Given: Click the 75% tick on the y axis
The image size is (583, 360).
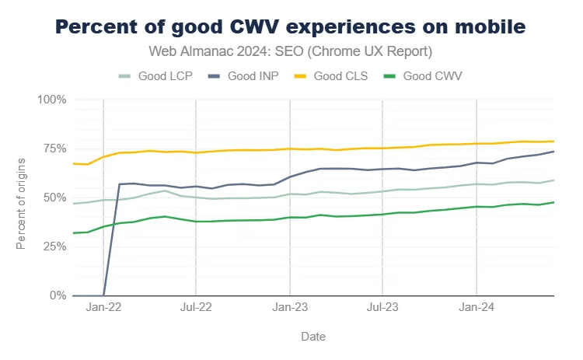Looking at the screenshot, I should click(x=54, y=149).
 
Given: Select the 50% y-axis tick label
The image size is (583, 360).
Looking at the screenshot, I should click(x=54, y=198).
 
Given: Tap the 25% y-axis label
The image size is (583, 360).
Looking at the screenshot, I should click(x=54, y=247).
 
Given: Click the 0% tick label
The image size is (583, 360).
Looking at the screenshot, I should click(x=57, y=296).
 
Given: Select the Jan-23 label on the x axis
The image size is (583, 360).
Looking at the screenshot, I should click(x=290, y=308).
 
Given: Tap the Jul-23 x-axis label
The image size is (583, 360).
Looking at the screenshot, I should click(x=382, y=308).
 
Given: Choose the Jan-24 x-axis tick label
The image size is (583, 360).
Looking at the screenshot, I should click(x=477, y=308).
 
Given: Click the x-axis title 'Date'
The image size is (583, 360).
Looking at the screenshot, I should click(x=313, y=337).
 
